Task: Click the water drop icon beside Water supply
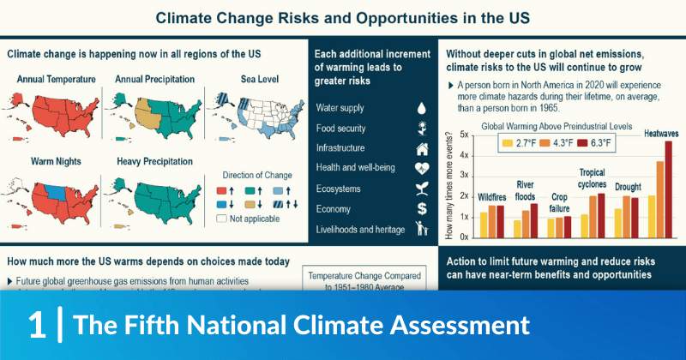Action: (x=421, y=109)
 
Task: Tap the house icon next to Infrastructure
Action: (x=421, y=148)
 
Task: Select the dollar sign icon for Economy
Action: (x=422, y=208)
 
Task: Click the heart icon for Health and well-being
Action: (x=422, y=168)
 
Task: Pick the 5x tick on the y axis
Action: (x=464, y=135)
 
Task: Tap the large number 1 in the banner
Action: (x=36, y=325)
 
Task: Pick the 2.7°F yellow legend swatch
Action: (x=508, y=143)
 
